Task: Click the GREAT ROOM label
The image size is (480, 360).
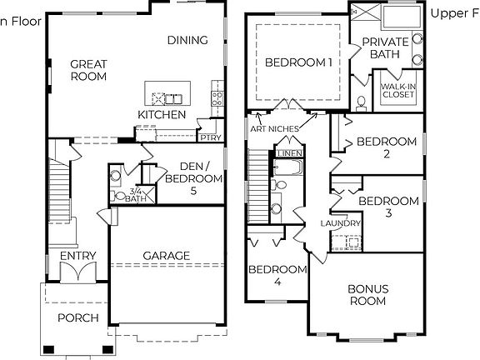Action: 88,70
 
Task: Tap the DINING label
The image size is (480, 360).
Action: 187,40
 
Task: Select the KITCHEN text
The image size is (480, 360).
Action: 162,113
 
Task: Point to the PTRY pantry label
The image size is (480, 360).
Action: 208,136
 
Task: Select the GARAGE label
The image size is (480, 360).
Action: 166,256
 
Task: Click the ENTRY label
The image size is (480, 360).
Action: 78,256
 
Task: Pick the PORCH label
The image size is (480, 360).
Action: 77,317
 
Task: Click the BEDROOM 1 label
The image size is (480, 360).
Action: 299,62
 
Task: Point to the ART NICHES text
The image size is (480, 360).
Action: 275,129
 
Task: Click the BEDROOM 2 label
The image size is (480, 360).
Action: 386,147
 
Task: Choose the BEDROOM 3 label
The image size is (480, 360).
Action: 388,207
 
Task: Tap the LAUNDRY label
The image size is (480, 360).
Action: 341,223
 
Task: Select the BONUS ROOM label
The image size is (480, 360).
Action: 367,294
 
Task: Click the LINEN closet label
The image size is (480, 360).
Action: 289,154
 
